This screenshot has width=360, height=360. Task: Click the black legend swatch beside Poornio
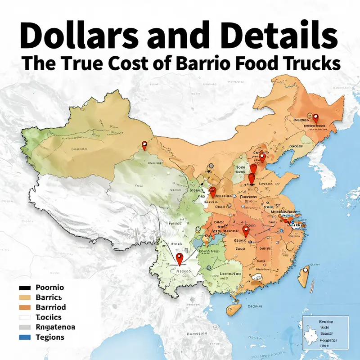click(25, 288)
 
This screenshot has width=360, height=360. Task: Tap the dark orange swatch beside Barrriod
click(25, 307)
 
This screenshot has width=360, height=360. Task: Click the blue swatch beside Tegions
click(25, 337)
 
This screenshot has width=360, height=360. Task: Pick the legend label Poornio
click(49, 288)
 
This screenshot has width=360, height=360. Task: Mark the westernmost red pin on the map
click(144, 145)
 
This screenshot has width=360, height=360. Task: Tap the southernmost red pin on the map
click(180, 259)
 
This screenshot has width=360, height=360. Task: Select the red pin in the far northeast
click(315, 118)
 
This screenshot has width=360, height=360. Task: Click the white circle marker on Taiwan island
click(305, 270)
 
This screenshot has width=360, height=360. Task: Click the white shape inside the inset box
click(312, 335)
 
